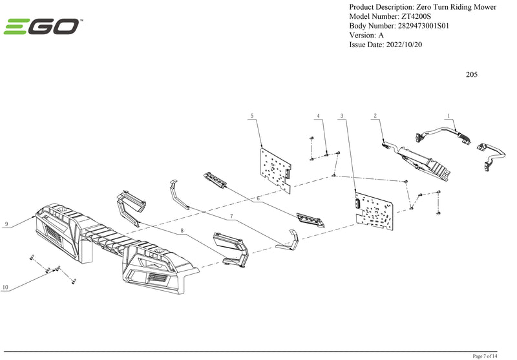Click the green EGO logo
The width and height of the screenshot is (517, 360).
42,26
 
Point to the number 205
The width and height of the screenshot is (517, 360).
472,74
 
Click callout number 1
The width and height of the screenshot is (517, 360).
448,115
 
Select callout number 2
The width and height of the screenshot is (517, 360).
375,116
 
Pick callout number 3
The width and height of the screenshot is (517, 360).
342,116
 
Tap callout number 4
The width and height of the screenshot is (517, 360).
319,116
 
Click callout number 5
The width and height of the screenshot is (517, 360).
252,116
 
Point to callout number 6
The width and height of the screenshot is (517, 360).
258,199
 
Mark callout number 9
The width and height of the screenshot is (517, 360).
6,224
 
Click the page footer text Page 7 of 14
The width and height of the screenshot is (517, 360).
485,356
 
